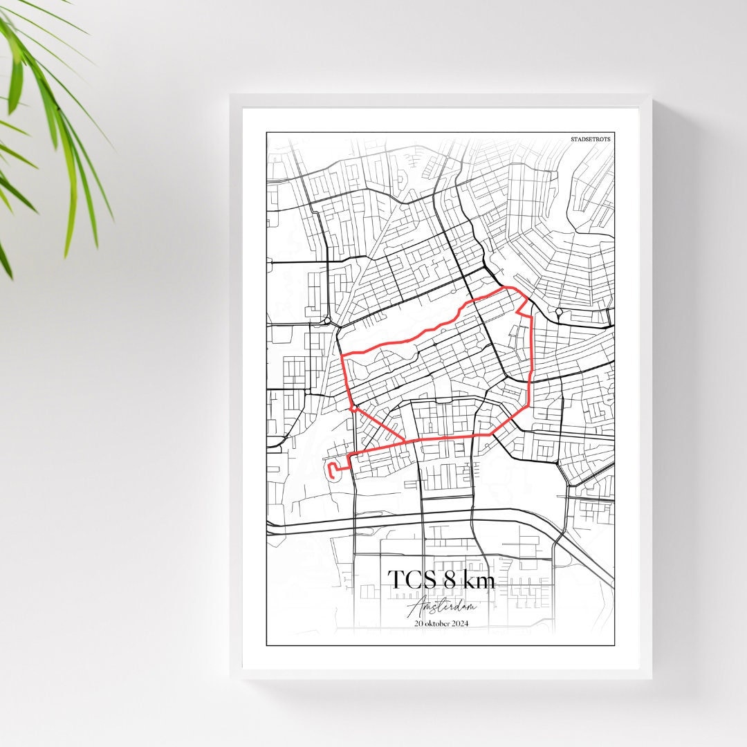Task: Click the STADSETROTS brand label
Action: (591, 139)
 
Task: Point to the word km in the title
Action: (479, 580)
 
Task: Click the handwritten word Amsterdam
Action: (441, 607)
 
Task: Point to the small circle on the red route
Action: (353, 409)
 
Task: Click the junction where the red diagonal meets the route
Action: (405, 441)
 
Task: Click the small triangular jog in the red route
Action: (523, 308)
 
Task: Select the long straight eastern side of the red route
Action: (531, 360)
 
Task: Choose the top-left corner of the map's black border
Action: (267, 133)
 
